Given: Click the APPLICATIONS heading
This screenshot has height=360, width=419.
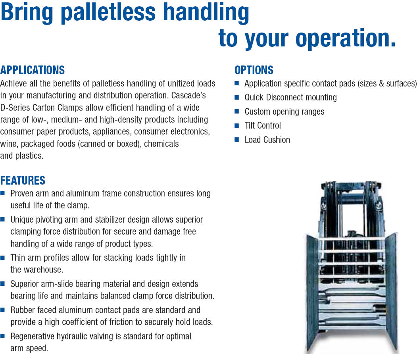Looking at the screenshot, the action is point(32,70).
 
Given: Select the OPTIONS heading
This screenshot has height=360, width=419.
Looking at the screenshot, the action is point(254,70).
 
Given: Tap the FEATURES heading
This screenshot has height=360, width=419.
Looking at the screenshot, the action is point(23,181).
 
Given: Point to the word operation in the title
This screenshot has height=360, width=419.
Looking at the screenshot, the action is point(342,38).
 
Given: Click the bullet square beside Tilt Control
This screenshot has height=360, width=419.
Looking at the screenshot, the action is point(236,125).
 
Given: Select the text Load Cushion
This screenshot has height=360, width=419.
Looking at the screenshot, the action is point(267,140).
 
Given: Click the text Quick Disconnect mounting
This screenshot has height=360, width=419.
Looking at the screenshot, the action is point(290,98).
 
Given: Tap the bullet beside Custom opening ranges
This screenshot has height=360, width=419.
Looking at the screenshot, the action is point(236,111).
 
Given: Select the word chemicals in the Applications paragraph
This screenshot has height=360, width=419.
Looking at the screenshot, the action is point(161,144).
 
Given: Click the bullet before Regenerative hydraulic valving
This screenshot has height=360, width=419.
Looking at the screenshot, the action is point(2,336).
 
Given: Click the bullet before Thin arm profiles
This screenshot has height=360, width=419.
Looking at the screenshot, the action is point(2,258).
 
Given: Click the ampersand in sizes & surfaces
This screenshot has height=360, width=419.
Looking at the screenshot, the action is point(381,84).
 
